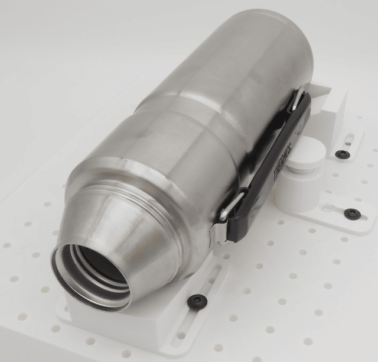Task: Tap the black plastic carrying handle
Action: tap(268, 167)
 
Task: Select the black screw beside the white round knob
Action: tap(342, 153)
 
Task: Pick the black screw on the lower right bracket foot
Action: tap(352, 213)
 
